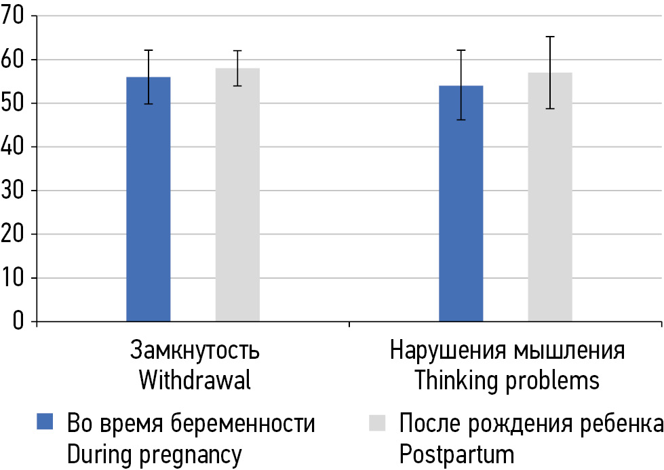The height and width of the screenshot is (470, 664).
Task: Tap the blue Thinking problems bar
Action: [x=461, y=203]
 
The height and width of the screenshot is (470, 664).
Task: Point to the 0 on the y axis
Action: [x=18, y=321]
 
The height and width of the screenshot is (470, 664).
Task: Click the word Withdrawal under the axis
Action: [x=195, y=380]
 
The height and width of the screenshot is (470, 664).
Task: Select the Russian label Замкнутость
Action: [x=195, y=351]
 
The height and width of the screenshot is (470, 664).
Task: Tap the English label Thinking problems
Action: [x=507, y=380]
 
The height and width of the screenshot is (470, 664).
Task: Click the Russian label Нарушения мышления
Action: [x=507, y=351]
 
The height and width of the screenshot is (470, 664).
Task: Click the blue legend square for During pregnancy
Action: [x=44, y=423]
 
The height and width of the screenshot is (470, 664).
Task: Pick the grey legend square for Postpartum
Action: [x=376, y=423]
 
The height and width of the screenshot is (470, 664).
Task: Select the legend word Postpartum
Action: [x=456, y=454]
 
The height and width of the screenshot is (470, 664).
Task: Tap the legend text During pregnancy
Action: [x=154, y=454]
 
